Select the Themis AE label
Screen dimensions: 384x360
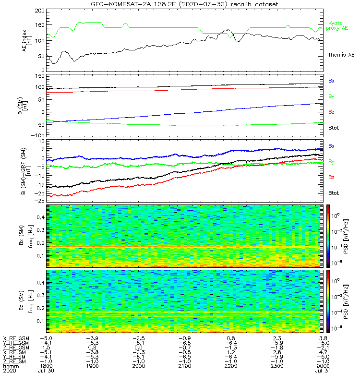(x=340, y=55)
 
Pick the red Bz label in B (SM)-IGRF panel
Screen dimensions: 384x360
(x=331, y=177)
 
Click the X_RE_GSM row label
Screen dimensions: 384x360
(x=15, y=338)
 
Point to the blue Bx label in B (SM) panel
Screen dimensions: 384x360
(x=331, y=81)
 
